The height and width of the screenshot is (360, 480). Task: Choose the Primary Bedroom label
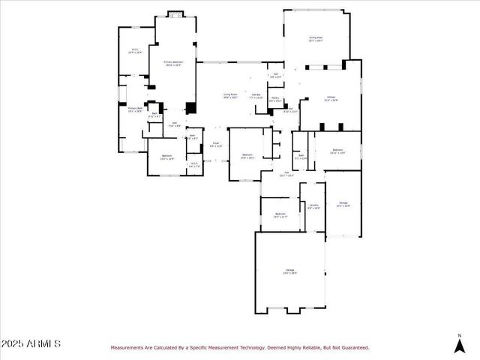[173, 64]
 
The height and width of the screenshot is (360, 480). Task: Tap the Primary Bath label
[134, 109]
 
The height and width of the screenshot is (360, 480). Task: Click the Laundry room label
[313, 206]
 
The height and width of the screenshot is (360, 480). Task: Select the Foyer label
[215, 144]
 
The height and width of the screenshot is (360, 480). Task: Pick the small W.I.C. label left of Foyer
[193, 165]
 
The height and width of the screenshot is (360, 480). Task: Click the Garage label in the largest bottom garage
[289, 271]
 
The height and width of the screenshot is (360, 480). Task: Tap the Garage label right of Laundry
[343, 204]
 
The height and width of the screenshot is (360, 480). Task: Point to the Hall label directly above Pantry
[275, 75]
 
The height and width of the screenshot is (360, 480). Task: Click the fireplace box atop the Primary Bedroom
[175, 13]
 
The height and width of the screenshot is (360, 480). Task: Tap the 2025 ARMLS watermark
[31, 343]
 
